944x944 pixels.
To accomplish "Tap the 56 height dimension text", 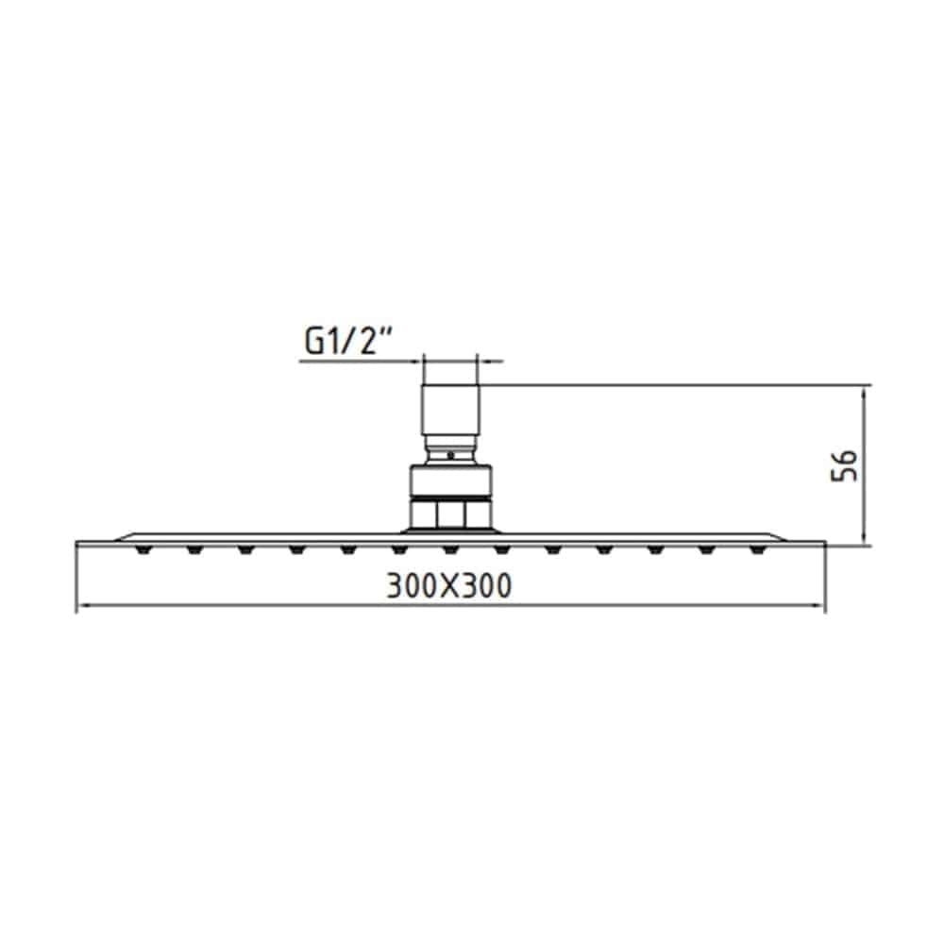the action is click(844, 464).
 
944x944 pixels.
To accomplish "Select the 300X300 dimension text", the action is click(449, 586).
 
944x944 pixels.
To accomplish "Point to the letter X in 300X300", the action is click(449, 586).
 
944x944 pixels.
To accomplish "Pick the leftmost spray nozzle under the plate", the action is click(143, 549).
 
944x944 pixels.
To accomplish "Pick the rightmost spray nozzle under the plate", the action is click(757, 549).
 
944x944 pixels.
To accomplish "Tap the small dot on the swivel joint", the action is click(450, 455).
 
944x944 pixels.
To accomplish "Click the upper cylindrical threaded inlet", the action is click(451, 409).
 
